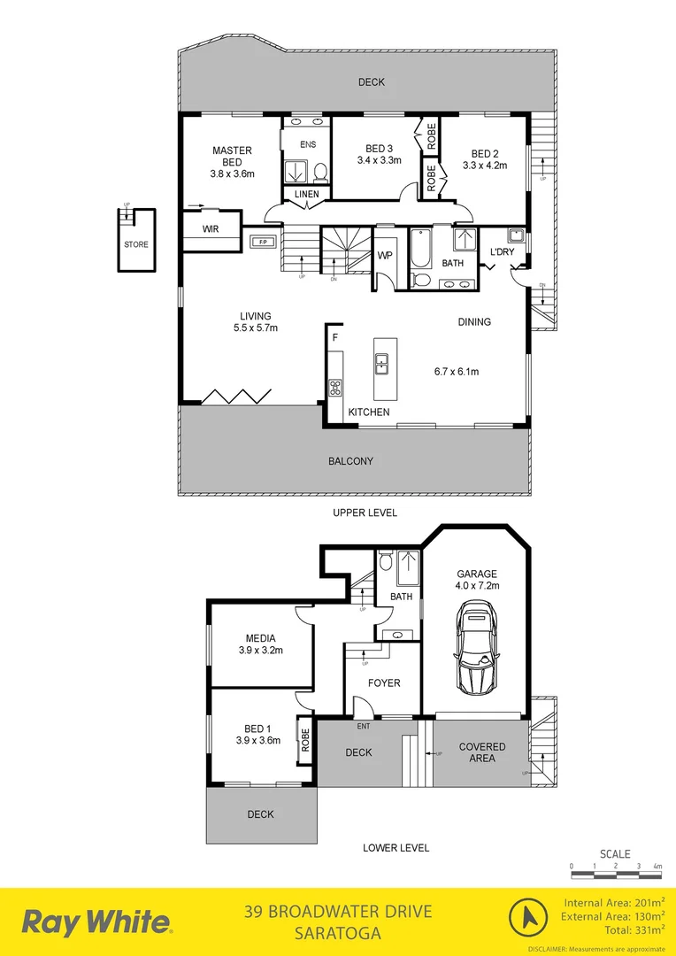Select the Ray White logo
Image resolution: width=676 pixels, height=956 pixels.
(x=97, y=921)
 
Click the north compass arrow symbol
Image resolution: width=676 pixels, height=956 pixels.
(x=528, y=917)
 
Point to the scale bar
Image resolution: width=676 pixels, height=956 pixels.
(x=616, y=875)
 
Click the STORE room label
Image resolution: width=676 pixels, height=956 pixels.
(x=136, y=244)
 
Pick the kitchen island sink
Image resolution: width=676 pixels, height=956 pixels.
(x=382, y=360)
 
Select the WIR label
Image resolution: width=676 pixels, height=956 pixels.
(x=211, y=228)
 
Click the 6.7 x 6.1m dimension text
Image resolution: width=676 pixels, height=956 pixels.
(x=457, y=372)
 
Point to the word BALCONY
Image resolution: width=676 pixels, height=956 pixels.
(x=350, y=461)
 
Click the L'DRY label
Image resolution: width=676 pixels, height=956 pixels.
(x=503, y=252)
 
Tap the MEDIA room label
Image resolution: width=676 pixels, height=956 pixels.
(x=261, y=638)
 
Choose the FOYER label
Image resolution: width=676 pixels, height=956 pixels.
(x=384, y=682)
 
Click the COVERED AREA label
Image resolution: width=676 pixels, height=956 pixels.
(x=482, y=752)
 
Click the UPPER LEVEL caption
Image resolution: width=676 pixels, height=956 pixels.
(x=365, y=513)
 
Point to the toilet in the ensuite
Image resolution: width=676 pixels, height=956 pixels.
(x=321, y=171)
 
